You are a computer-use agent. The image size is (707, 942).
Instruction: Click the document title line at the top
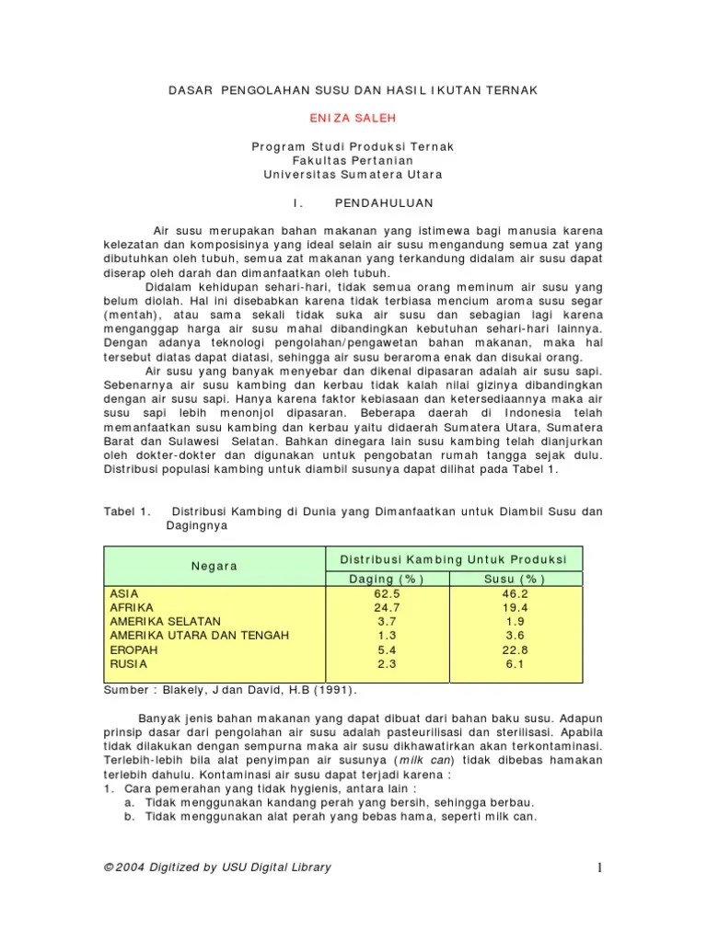(x=353, y=89)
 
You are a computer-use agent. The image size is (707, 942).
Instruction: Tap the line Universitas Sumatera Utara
(x=353, y=174)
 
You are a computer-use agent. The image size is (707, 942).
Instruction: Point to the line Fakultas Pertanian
(x=353, y=160)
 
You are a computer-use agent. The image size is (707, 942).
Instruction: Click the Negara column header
(x=214, y=566)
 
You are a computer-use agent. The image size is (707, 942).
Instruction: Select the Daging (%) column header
(x=387, y=579)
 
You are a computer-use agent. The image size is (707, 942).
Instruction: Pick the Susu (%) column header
(x=515, y=579)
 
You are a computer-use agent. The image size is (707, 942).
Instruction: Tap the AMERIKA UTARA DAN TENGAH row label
(x=199, y=635)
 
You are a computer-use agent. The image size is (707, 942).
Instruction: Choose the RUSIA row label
(x=128, y=662)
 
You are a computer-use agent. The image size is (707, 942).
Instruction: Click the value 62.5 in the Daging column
(x=387, y=593)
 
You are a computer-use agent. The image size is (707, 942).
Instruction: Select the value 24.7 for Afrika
(x=387, y=607)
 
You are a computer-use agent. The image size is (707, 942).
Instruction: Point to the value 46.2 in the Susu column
(x=515, y=593)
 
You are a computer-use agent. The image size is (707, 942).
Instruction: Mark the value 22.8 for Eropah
(x=515, y=649)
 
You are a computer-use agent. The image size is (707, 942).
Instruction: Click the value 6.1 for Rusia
(x=515, y=662)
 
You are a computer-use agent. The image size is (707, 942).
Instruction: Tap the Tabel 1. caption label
(x=127, y=511)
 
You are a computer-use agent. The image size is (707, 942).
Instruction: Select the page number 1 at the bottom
(x=597, y=868)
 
